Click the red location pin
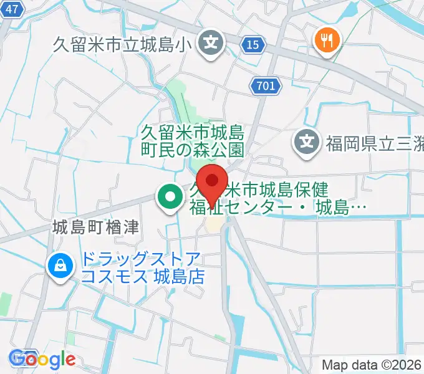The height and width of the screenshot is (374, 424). click(213, 181)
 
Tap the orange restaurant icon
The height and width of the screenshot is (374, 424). click(326, 42)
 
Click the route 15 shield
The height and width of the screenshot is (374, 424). click(253, 45)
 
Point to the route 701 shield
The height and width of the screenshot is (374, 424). click(264, 86)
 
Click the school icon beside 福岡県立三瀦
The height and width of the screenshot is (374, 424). click(307, 143)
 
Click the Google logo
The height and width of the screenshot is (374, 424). click(42, 359)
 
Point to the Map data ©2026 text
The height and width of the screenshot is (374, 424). click(372, 365)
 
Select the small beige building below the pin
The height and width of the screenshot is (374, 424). click(214, 223)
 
